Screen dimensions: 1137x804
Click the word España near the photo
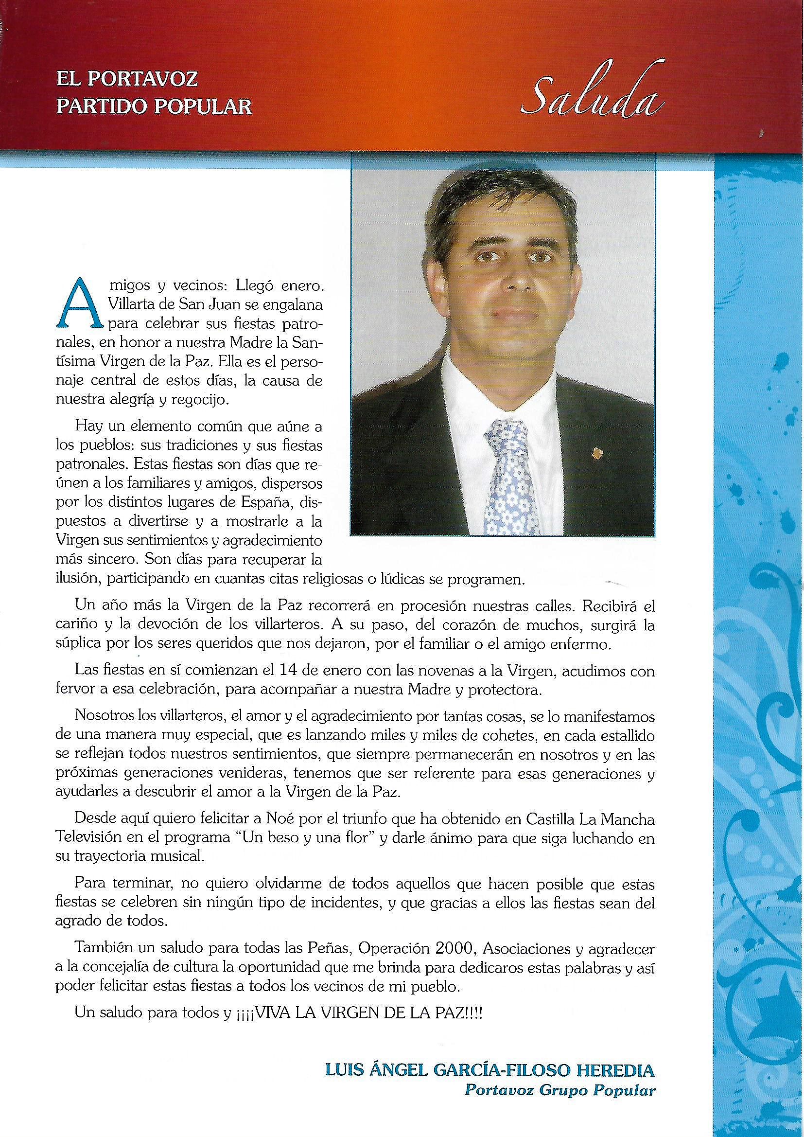(x=272, y=504)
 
